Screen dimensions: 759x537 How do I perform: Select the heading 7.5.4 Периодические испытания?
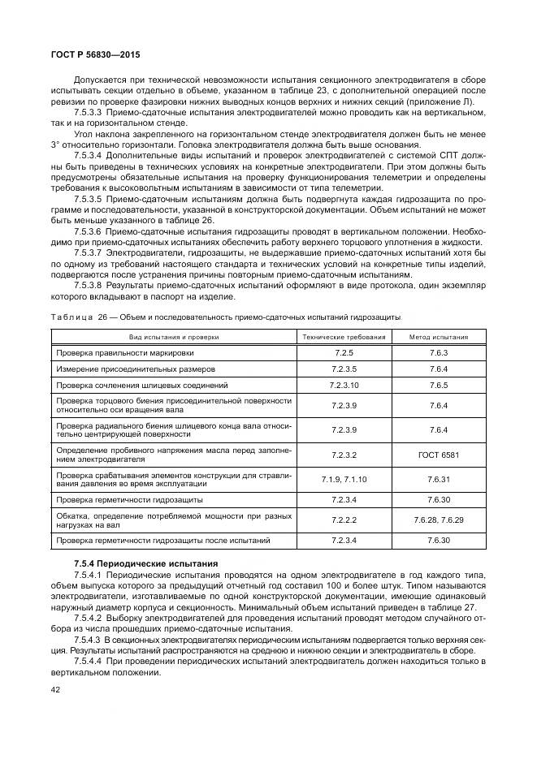tap(139, 562)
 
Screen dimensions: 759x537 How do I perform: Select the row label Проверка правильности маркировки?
tap(124, 353)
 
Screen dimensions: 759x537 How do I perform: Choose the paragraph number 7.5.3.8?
tap(90, 285)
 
